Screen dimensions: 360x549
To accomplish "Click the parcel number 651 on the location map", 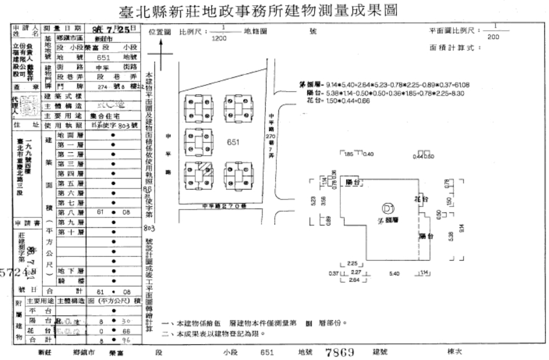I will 233,143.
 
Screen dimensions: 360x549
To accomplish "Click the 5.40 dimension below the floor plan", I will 393,274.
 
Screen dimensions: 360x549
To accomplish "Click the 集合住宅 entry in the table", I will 108,116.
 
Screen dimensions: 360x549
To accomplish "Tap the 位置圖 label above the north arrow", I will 160,32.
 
